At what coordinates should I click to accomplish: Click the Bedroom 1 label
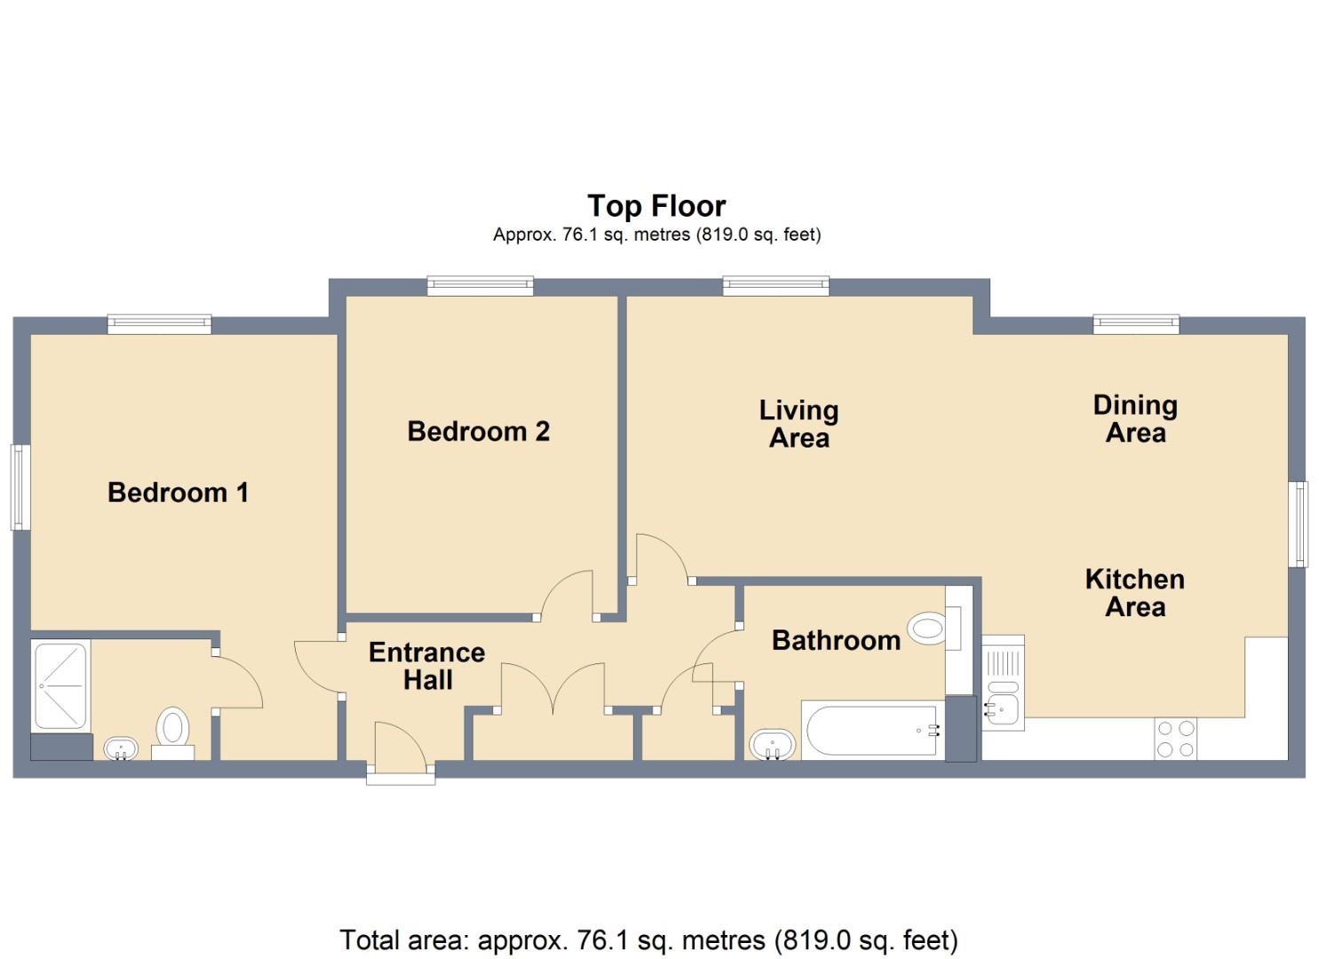click(x=178, y=493)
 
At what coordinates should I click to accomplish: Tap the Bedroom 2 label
click(x=478, y=432)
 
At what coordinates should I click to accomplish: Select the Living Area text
click(x=799, y=424)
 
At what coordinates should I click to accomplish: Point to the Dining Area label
click(x=1135, y=418)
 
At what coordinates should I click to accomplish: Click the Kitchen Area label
click(x=1134, y=593)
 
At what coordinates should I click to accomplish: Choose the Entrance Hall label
click(x=427, y=666)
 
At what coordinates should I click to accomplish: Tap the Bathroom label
click(x=836, y=640)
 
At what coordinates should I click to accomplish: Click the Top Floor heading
click(x=656, y=206)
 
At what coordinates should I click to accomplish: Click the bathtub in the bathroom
click(x=872, y=731)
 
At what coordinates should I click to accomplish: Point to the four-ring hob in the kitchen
click(x=1175, y=738)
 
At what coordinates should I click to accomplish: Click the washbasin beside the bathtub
click(x=772, y=745)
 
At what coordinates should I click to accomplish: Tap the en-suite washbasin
click(x=121, y=749)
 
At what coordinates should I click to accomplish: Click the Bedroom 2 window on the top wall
click(x=480, y=286)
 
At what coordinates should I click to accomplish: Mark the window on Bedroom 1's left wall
click(x=21, y=487)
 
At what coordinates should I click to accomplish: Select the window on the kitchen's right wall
click(x=1298, y=524)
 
